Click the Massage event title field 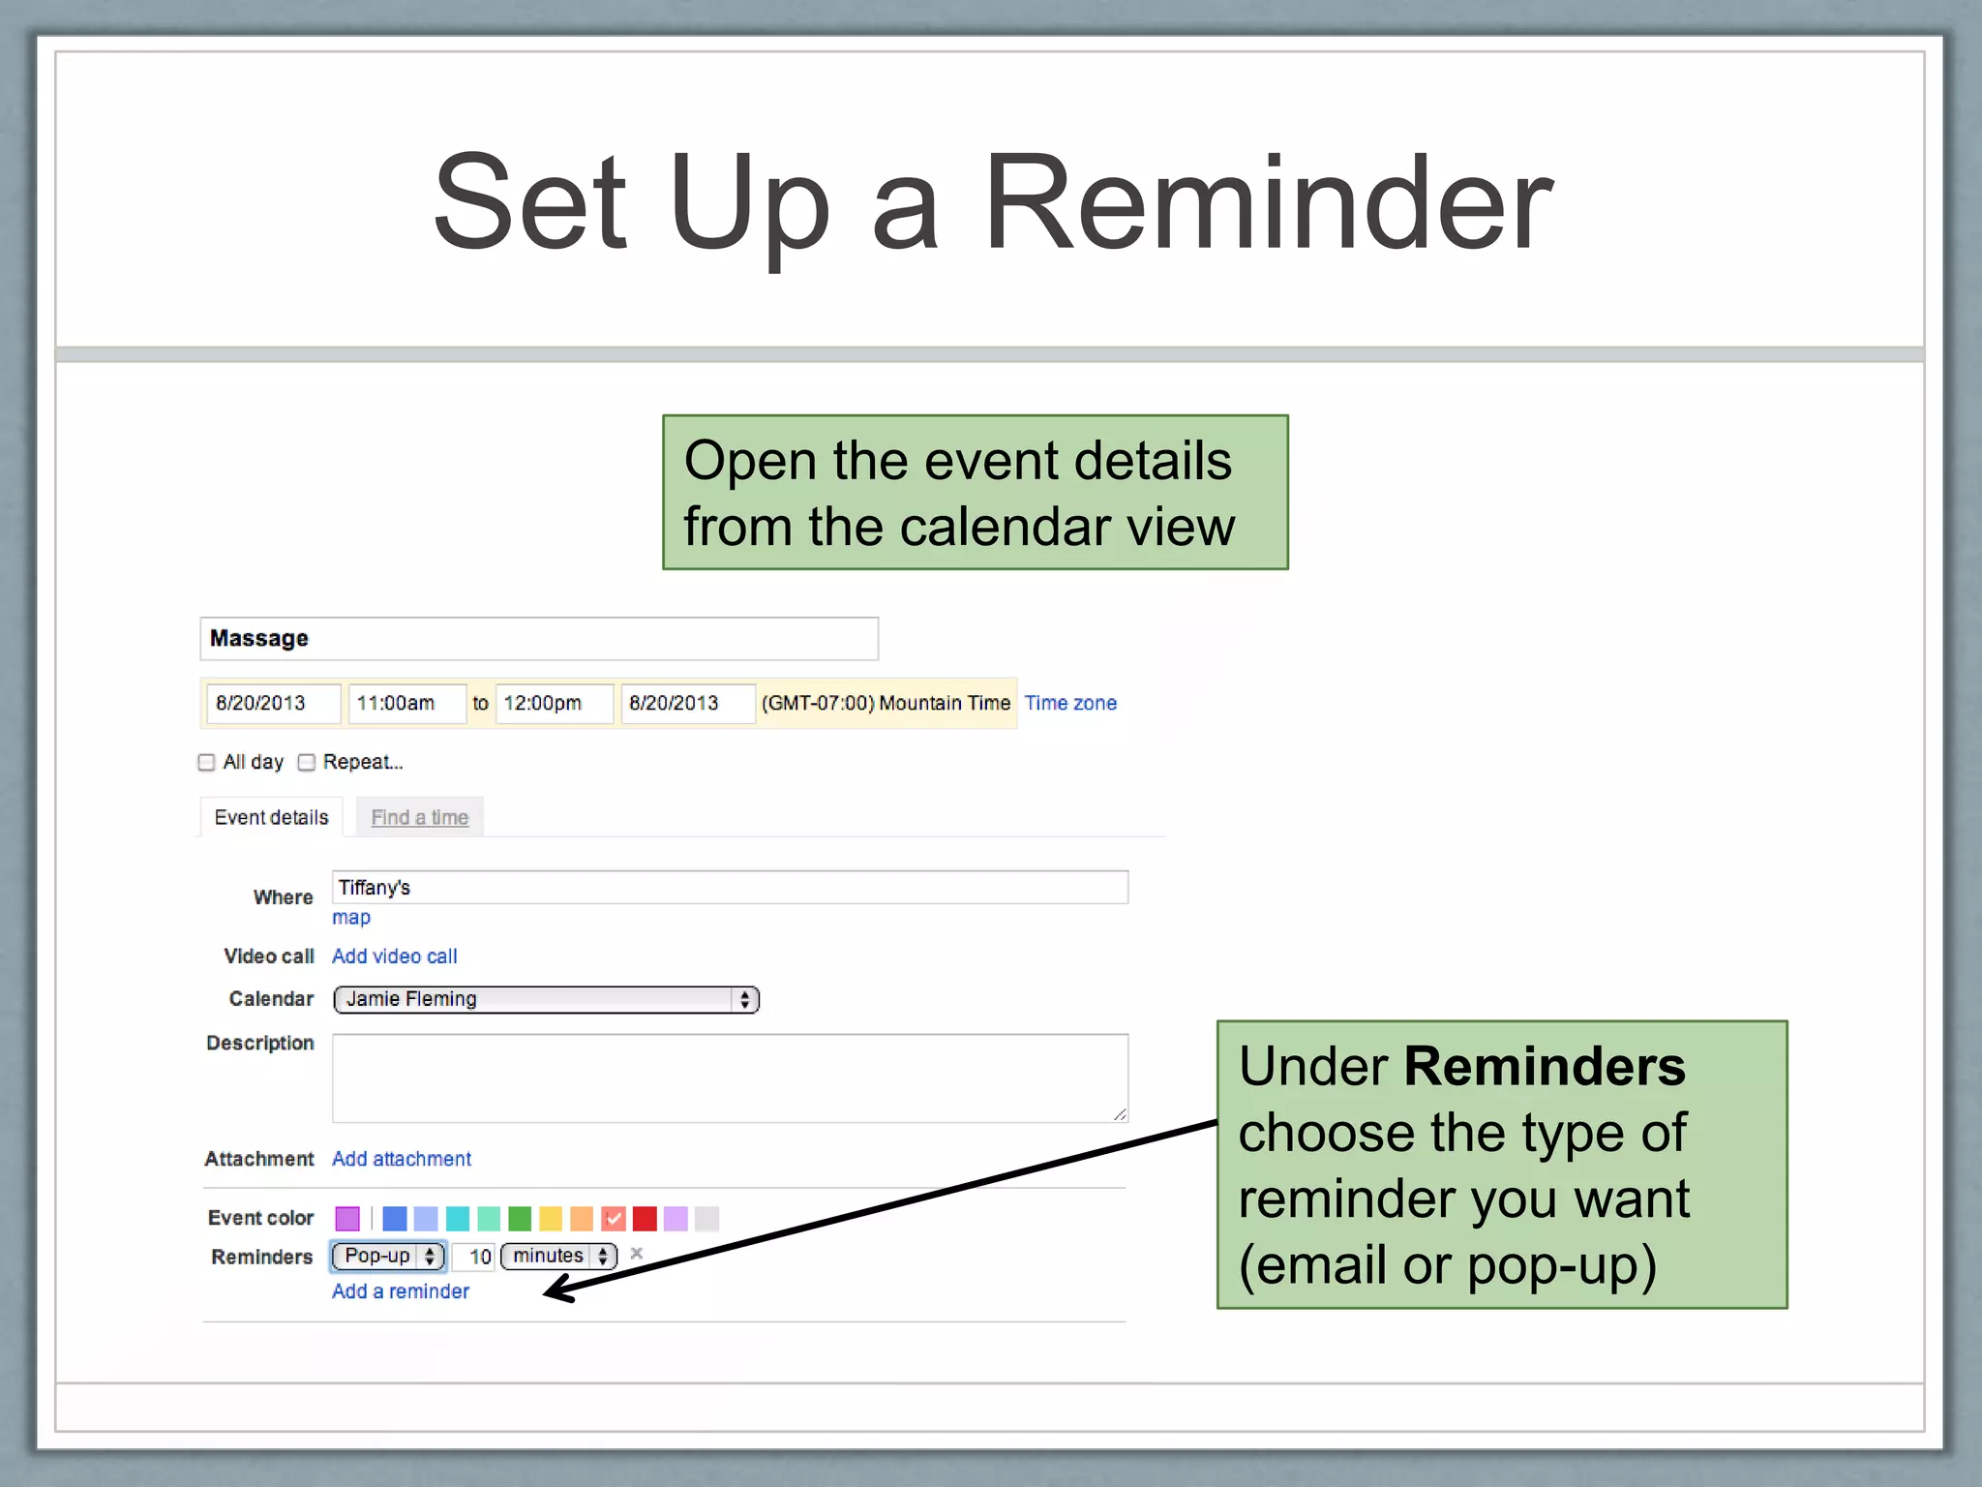click(x=538, y=639)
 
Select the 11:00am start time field click(x=406, y=703)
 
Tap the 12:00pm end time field click(x=554, y=703)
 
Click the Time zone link click(x=1070, y=703)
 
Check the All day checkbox click(x=206, y=763)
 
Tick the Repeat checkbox click(x=307, y=763)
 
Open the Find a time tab click(x=419, y=817)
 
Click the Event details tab click(x=271, y=817)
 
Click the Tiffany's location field click(x=730, y=888)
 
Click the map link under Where click(x=350, y=917)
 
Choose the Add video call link click(x=394, y=956)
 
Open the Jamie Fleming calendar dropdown click(x=546, y=999)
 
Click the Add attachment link click(x=401, y=1159)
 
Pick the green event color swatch click(x=520, y=1218)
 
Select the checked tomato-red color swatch click(x=614, y=1218)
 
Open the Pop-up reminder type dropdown click(x=388, y=1257)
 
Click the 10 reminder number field click(x=476, y=1257)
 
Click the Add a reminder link click(x=400, y=1291)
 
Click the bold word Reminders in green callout click(x=1544, y=1067)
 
